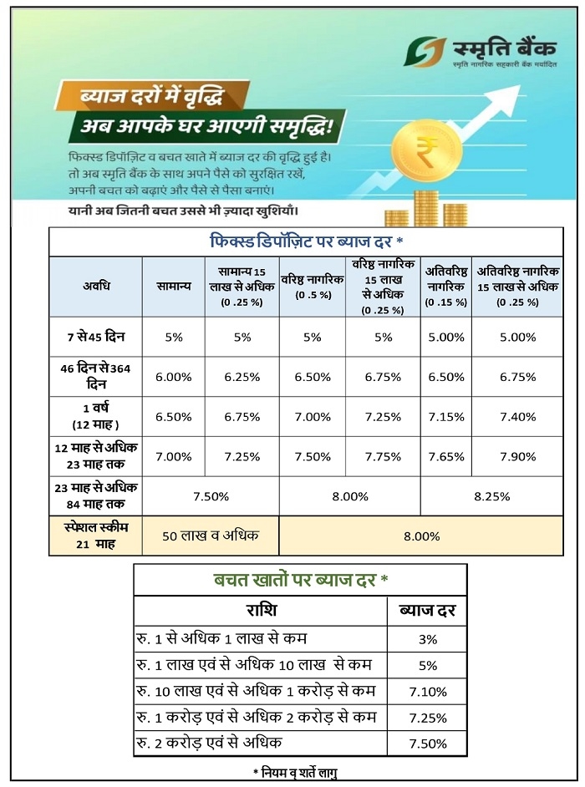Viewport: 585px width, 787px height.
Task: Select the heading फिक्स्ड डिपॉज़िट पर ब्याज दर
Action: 305,241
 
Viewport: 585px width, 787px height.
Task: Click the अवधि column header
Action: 96,286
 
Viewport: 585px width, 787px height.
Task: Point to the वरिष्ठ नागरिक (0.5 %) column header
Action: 313,287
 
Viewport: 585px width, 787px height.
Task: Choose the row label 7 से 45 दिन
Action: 96,337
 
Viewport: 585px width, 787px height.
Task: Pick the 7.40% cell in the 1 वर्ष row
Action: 518,416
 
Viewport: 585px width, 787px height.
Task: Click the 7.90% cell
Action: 518,456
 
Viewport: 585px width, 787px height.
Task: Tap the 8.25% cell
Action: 492,496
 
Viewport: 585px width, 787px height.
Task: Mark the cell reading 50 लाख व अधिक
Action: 211,536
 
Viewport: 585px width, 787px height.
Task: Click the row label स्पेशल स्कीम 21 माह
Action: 96,536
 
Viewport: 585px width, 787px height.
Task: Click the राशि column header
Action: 260,610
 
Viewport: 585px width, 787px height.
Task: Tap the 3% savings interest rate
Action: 427,639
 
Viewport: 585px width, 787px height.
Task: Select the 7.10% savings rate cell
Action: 427,692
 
